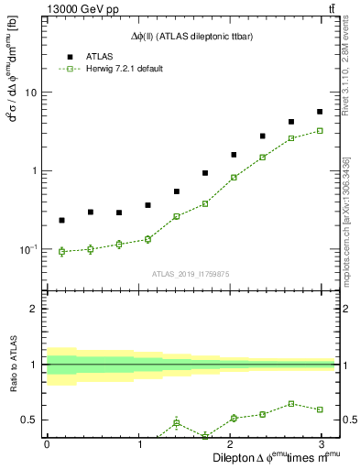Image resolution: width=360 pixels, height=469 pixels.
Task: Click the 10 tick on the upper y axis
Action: click(x=32, y=93)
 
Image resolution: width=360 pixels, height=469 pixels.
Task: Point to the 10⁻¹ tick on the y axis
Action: click(x=29, y=248)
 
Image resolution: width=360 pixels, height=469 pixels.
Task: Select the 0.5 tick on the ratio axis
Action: click(x=30, y=420)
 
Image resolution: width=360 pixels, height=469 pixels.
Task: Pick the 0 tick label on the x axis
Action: click(x=47, y=444)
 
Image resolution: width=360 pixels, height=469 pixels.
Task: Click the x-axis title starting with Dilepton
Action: click(x=275, y=457)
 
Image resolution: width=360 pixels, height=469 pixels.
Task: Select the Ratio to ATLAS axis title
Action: click(x=12, y=364)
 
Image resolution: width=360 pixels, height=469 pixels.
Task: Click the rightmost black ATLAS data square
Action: click(x=320, y=112)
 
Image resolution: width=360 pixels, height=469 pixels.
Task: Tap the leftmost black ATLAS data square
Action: click(x=61, y=220)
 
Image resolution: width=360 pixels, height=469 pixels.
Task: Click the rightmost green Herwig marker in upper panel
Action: click(x=320, y=131)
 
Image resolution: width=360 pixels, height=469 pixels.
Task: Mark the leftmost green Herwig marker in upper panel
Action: click(x=61, y=251)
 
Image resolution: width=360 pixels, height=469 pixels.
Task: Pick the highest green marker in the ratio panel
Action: click(x=290, y=403)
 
